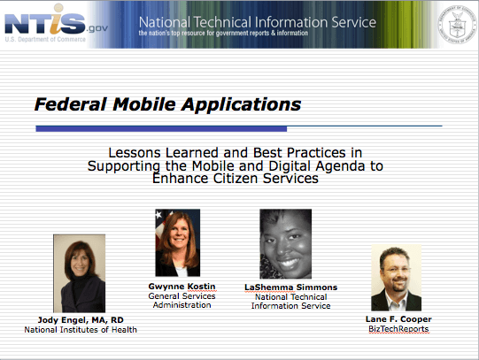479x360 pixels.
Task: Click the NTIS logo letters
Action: (45, 20)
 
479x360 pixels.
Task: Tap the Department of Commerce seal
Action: (457, 25)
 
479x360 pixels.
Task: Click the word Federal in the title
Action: (71, 104)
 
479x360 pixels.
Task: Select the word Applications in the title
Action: (241, 105)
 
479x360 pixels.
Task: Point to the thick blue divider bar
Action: (161, 129)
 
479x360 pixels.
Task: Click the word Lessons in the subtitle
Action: (135, 152)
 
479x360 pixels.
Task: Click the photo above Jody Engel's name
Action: (80, 273)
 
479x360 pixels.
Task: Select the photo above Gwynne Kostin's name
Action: (178, 243)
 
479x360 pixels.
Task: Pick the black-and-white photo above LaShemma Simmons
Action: (286, 244)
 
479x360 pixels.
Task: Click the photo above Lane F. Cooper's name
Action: (396, 278)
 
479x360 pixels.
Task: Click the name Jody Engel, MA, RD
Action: (81, 320)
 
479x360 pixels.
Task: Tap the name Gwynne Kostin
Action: (182, 287)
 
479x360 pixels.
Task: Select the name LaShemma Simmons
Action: (290, 287)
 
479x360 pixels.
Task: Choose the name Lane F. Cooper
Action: (398, 319)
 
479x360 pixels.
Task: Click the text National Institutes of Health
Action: (81, 330)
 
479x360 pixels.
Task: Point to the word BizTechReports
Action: (398, 329)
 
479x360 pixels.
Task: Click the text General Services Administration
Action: (182, 301)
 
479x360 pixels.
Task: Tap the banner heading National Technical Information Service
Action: (258, 22)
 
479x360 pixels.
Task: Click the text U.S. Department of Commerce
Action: (45, 39)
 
